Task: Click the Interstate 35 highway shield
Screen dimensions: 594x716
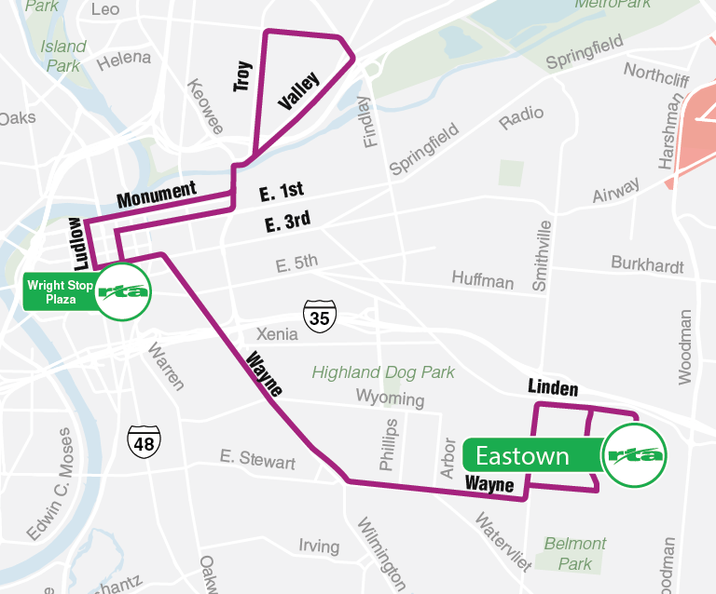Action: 320,317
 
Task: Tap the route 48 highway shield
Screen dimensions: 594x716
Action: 144,441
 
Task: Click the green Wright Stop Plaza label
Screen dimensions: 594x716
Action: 60,292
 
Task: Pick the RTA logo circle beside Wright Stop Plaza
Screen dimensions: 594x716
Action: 123,291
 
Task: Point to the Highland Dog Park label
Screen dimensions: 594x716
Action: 383,372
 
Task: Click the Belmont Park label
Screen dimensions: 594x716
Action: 575,553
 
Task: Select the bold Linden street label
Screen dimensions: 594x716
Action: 553,388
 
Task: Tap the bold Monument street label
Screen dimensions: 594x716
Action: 157,195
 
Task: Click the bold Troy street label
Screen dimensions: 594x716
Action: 242,74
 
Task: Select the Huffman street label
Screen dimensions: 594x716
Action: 482,279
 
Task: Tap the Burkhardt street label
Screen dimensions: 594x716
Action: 647,263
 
